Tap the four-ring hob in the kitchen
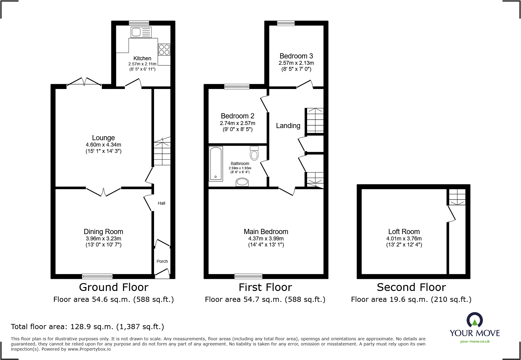click(164, 50)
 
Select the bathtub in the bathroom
click(216, 163)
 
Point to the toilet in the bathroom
click(254, 153)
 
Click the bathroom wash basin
click(242, 182)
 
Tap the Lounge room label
click(103, 138)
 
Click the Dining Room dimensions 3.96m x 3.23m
click(103, 239)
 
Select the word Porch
click(162, 261)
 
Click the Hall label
click(161, 203)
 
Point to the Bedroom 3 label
click(296, 56)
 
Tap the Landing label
click(288, 126)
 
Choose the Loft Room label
click(404, 232)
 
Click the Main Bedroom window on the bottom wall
click(248, 276)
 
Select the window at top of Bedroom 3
click(286, 23)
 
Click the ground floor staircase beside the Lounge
click(162, 151)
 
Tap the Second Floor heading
click(411, 287)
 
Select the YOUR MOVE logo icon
click(474, 320)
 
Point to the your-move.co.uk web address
click(474, 342)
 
